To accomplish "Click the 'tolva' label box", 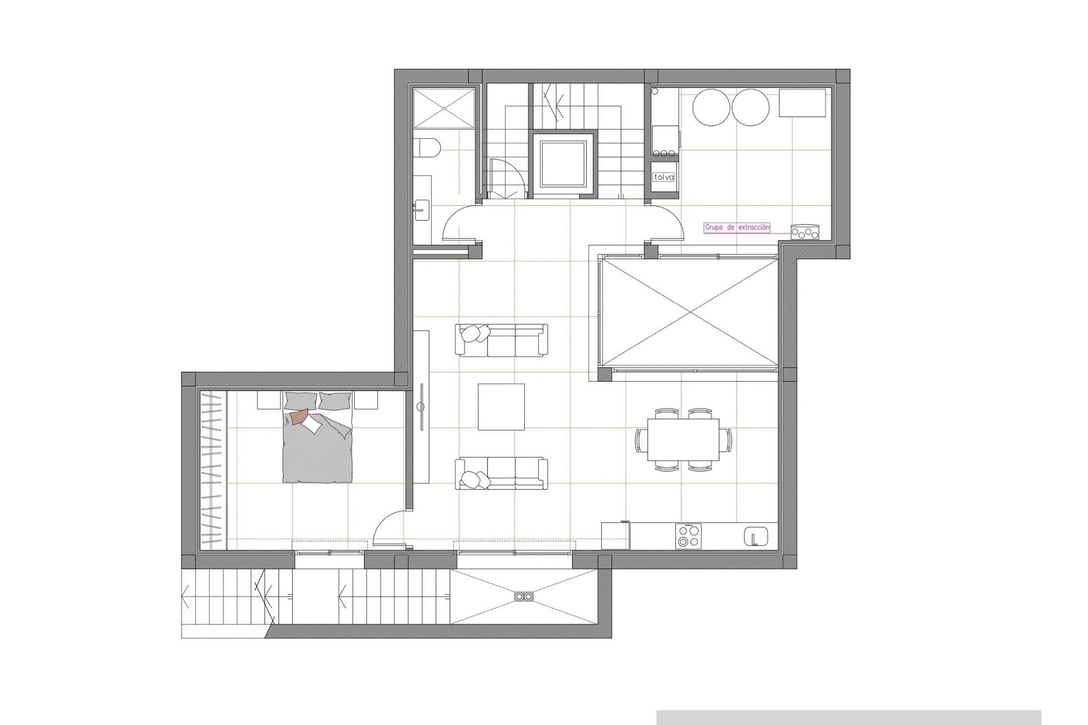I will coord(664,177).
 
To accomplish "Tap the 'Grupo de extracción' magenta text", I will coord(737,228).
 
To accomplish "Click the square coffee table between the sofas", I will coord(501,407).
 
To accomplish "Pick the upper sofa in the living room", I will coord(501,340).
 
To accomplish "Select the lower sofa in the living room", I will coord(501,474).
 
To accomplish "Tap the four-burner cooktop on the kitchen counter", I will coord(687,535).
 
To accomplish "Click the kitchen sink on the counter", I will coord(755,536).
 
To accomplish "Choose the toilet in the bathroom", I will coord(427,150).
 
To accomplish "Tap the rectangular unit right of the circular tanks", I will coord(802,103).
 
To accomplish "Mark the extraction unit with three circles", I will coord(805,232).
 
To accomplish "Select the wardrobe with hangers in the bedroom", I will coord(212,470).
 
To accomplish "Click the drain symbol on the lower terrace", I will coord(524,596).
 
